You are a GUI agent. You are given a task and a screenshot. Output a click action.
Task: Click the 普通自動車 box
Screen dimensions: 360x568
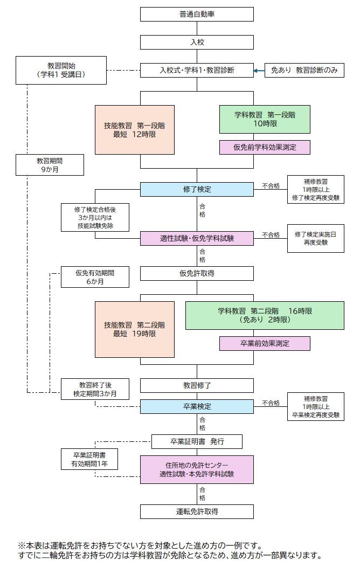pos(197,14)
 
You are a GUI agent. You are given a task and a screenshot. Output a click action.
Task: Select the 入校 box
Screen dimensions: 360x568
pos(197,43)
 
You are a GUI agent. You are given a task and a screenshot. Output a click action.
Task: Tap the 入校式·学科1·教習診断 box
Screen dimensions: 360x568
pos(197,70)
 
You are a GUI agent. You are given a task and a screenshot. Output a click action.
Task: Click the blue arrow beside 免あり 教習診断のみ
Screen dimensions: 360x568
pos(259,71)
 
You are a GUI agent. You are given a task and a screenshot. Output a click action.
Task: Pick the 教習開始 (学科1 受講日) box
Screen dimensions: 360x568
pos(61,70)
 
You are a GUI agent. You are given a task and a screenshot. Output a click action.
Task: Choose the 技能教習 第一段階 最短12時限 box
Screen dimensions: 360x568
pos(135,130)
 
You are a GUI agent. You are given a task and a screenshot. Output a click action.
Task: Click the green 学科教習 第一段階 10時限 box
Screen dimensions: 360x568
pos(265,120)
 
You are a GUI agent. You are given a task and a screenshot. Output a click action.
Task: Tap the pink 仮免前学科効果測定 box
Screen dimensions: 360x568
pos(265,148)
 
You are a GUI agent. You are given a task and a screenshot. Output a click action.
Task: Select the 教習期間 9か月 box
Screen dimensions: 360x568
pos(50,165)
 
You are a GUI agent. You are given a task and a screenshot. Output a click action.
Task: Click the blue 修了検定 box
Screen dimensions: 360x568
pos(197,190)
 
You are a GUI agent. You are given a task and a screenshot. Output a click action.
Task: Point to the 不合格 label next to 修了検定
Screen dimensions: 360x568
pos(271,186)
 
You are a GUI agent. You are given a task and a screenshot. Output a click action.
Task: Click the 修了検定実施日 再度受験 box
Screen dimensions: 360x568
pos(316,238)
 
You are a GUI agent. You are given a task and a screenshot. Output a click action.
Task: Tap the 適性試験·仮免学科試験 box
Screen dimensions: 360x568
pos(197,238)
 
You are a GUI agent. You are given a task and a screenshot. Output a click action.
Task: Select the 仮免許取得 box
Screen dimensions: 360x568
pos(197,274)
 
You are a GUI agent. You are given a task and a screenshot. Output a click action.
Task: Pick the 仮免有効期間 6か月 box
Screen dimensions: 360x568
pos(95,277)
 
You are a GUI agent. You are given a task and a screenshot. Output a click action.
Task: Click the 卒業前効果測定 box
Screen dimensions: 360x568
pos(265,343)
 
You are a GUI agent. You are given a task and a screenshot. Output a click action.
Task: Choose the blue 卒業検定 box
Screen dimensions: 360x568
pos(197,406)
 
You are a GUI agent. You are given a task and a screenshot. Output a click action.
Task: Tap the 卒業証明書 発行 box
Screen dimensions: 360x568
pos(197,441)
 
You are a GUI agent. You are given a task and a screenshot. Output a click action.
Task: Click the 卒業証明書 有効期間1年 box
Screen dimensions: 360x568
pos(89,459)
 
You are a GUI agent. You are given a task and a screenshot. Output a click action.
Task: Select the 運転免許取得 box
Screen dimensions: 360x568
pos(197,511)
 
